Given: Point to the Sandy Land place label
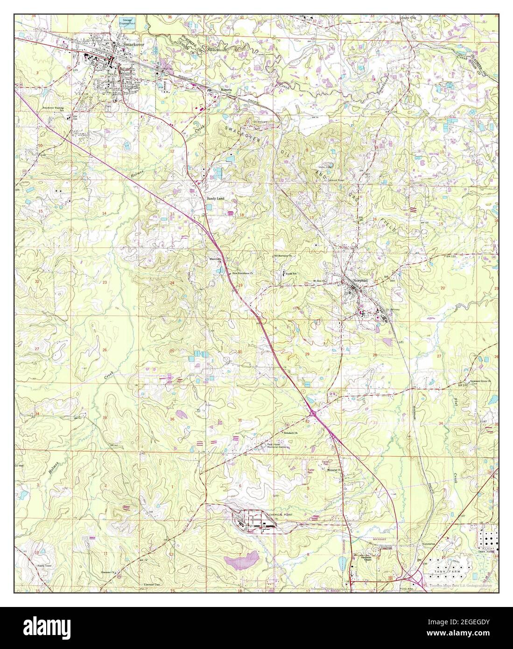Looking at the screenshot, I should tap(216, 198).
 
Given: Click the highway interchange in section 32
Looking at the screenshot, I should tap(313, 413).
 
